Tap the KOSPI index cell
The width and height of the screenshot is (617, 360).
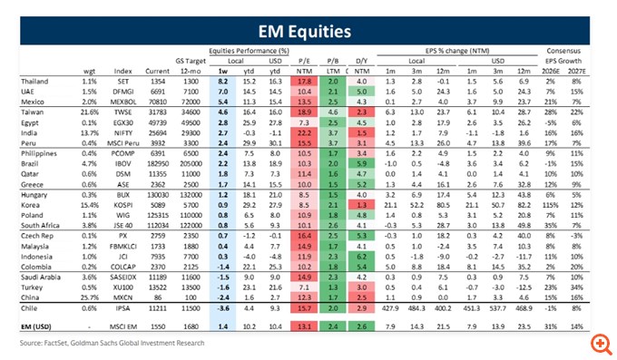(x=125, y=205)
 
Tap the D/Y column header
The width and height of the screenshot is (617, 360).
(x=361, y=60)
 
